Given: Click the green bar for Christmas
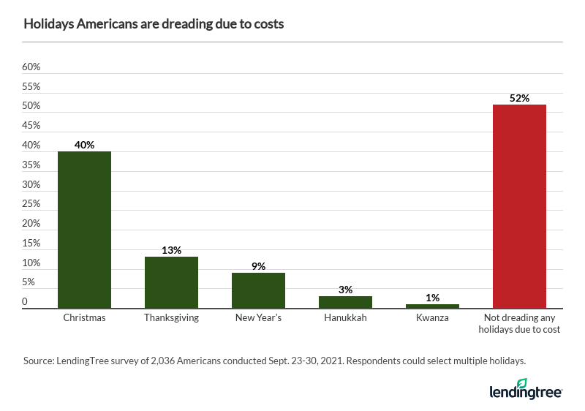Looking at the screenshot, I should click(84, 230).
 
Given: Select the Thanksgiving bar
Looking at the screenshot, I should click(171, 282).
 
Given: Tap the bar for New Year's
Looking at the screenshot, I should click(258, 290).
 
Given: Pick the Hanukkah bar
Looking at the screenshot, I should click(345, 302).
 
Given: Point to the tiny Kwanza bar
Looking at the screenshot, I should click(432, 306).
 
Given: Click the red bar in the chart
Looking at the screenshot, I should click(519, 206).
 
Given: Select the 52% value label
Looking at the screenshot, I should click(519, 98).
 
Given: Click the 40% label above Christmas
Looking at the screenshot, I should click(84, 145).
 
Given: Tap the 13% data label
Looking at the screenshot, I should click(171, 250).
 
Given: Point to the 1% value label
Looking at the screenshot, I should click(432, 298).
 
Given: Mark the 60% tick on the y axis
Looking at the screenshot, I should click(31, 67).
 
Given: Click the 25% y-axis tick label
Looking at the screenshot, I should click(31, 204).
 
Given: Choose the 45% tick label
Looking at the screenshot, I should click(31, 126).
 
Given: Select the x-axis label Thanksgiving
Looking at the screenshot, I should click(171, 318).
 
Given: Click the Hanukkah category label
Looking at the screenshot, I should click(345, 318).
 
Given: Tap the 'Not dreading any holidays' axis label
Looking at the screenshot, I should click(519, 324).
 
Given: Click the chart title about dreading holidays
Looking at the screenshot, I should click(154, 24).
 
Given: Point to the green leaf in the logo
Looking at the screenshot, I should click(521, 384).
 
